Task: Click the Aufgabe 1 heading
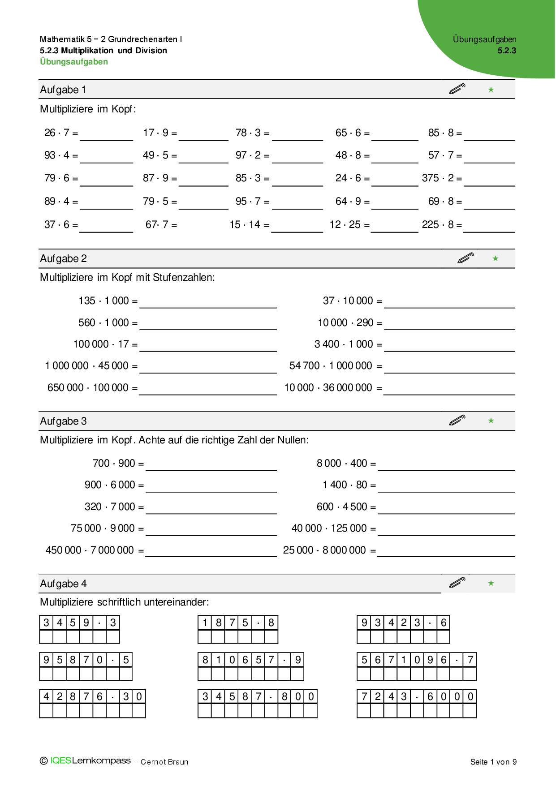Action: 63,90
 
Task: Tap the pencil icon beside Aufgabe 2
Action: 465,258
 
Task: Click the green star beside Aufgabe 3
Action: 491,421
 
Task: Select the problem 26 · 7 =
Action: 61,133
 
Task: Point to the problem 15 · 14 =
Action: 249,225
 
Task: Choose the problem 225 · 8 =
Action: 442,225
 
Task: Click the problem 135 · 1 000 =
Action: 108,301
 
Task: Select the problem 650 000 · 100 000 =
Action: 92,388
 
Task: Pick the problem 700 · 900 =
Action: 118,464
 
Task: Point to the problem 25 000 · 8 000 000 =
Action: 329,550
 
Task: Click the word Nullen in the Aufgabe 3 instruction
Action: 293,440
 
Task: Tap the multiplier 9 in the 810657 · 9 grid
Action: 297,660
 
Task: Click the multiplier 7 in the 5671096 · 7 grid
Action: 470,660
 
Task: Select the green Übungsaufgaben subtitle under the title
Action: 74,62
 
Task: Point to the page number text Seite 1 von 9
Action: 493,762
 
